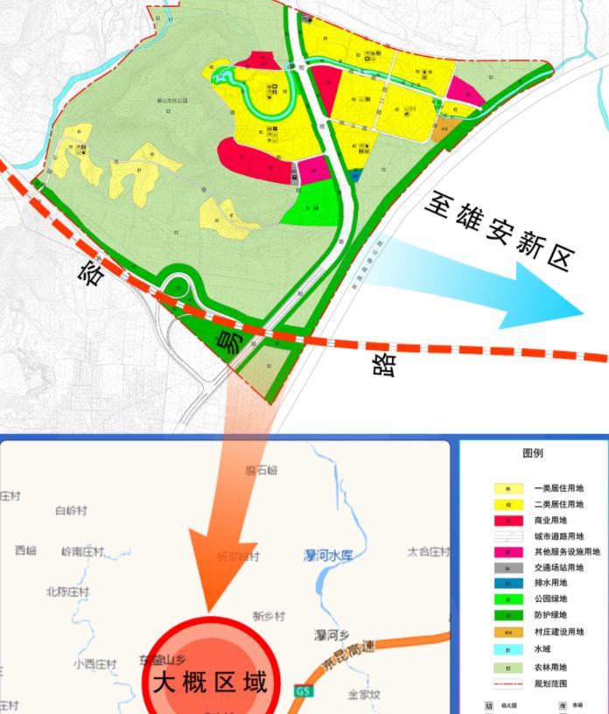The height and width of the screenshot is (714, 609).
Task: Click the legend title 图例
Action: [x=533, y=453]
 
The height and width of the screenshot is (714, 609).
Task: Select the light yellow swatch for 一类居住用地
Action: [x=508, y=488]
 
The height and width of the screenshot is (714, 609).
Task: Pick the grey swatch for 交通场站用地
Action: [x=508, y=568]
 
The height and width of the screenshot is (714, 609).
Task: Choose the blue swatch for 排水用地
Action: [x=508, y=584]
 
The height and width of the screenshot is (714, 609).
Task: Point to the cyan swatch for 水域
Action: [x=508, y=648]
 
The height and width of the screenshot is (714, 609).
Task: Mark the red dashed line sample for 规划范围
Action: [x=508, y=681]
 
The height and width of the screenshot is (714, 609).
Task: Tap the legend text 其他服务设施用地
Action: [x=567, y=552]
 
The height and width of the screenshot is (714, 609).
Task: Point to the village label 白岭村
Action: [x=71, y=510]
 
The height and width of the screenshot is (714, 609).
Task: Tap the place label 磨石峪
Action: [x=261, y=470]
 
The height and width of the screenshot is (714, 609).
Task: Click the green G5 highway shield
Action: [x=303, y=691]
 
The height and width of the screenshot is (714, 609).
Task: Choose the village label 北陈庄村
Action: [x=67, y=591]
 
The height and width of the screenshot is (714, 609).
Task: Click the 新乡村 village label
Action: [x=269, y=615]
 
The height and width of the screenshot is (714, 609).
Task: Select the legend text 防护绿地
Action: [x=553, y=616]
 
